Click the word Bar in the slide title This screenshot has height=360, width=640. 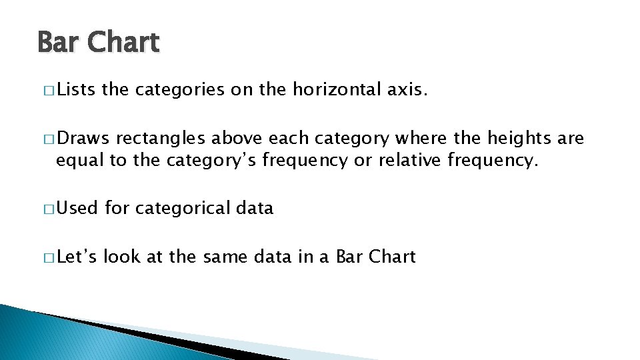(x=58, y=43)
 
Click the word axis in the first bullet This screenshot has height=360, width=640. (x=405, y=90)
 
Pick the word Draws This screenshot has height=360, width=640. (x=83, y=139)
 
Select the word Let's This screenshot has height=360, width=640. (x=77, y=257)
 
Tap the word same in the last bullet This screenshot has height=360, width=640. (x=222, y=257)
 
